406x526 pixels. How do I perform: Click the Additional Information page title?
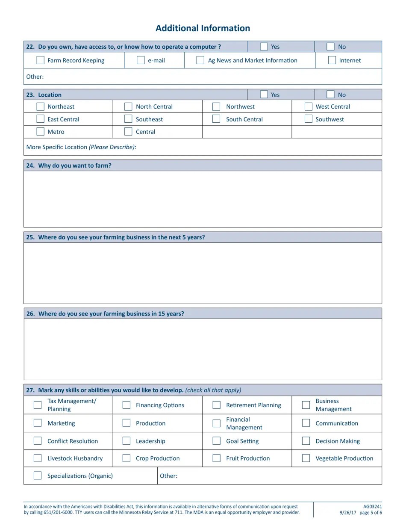tap(203, 28)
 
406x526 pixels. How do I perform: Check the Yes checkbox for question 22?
tap(264, 47)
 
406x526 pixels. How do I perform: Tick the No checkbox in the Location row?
tap(330, 95)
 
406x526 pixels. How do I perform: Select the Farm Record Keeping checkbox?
tap(40, 60)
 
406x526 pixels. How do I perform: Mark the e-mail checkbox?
tap(141, 60)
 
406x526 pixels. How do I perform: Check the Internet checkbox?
tap(332, 60)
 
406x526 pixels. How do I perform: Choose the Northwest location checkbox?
tap(216, 106)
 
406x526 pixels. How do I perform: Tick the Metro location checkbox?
tap(40, 132)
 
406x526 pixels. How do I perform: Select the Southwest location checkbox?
tap(308, 119)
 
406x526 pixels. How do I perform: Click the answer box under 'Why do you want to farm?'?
tap(203, 199)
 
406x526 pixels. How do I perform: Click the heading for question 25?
tap(115, 237)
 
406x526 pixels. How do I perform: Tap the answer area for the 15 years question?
tap(203, 349)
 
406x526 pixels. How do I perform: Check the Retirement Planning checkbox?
tap(217, 405)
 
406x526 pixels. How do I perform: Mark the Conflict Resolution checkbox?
tap(38, 441)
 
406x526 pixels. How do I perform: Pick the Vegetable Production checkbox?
tap(306, 458)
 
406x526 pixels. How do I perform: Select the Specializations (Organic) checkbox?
tap(38, 476)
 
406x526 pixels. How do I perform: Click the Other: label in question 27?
tap(168, 476)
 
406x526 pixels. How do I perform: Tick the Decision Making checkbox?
tap(306, 441)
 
